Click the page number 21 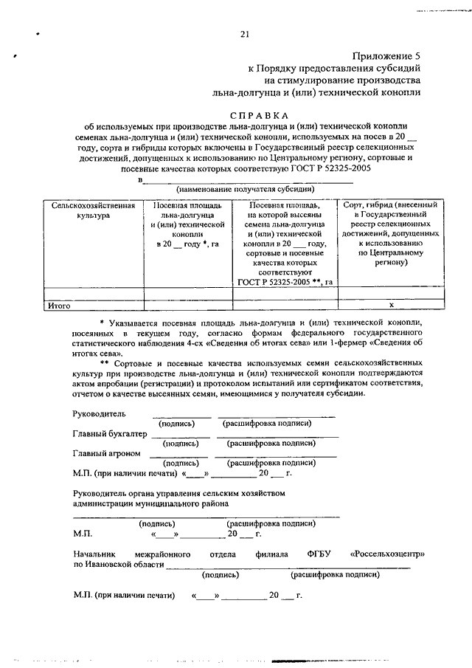point(245,33)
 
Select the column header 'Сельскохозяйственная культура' point(92,209)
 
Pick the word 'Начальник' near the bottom point(94,554)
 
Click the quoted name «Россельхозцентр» point(388,554)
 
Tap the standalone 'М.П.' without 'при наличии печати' point(83,533)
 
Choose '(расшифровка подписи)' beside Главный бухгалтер point(272,443)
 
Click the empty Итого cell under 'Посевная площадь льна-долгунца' point(188,304)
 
